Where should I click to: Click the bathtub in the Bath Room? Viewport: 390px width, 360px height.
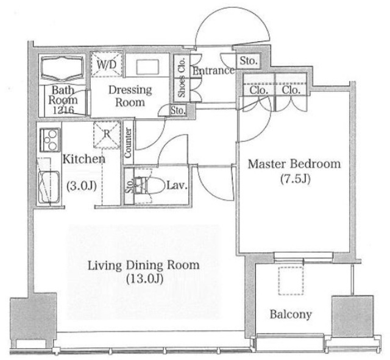62,68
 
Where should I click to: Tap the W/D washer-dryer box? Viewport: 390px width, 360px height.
107,65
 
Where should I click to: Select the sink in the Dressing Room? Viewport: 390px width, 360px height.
147,67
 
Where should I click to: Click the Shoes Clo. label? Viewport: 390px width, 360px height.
182,77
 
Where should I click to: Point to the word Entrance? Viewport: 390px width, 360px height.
214,71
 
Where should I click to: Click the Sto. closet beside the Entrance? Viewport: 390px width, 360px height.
248,61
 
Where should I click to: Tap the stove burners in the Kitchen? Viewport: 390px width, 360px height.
50,140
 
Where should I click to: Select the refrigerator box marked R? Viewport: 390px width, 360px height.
107,135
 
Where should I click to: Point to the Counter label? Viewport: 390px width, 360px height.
127,143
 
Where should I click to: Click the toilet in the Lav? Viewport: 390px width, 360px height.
151,185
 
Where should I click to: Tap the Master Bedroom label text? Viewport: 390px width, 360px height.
294,164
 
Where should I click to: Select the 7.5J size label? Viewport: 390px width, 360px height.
295,178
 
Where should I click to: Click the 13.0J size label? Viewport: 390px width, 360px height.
144,279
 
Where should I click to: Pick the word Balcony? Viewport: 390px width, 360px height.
291,315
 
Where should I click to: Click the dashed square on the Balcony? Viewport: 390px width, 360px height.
291,281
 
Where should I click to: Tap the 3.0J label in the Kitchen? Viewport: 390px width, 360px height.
82,186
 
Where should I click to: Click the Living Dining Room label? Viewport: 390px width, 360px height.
144,265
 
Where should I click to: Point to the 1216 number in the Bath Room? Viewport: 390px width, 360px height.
63,110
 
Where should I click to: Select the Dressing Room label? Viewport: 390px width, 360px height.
130,96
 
